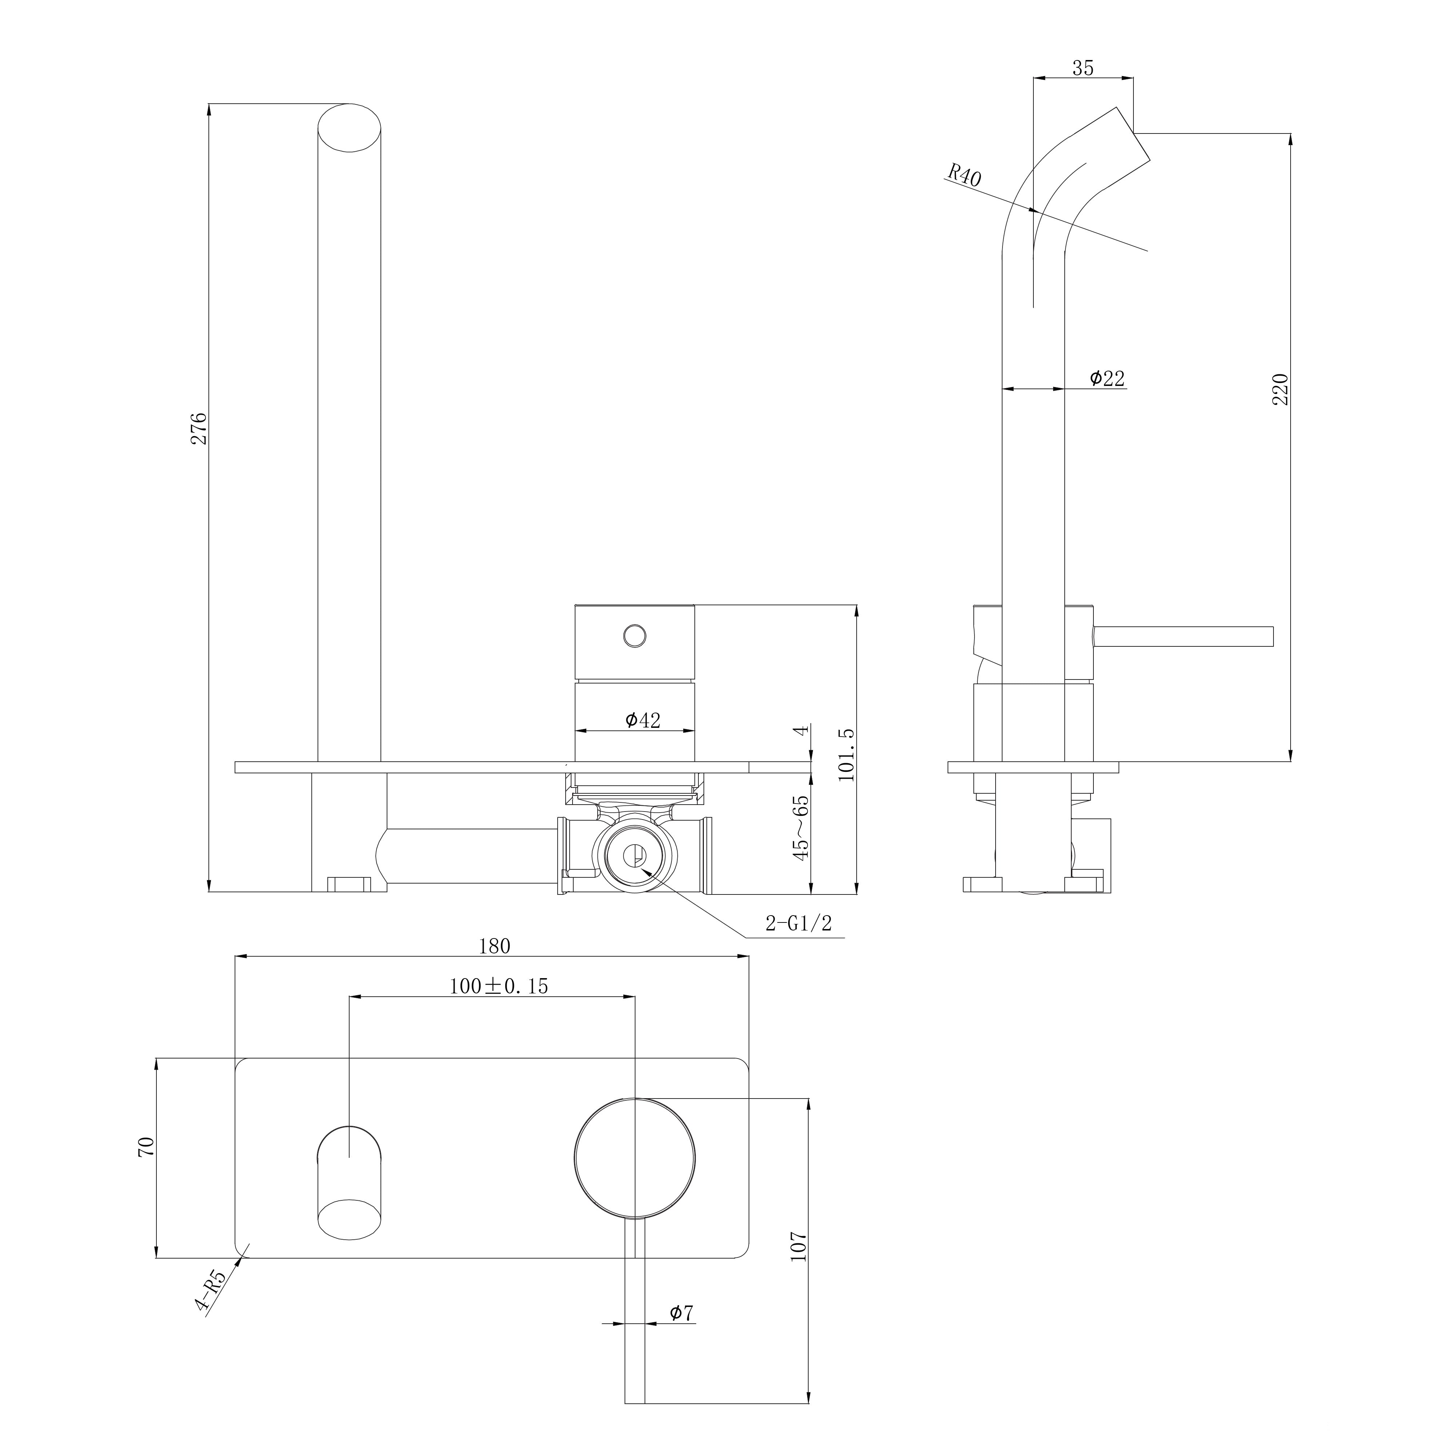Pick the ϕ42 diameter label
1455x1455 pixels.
[642, 721]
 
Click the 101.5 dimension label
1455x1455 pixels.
[846, 755]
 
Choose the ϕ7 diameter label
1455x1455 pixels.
[681, 1314]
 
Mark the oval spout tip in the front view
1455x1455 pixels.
[350, 128]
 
